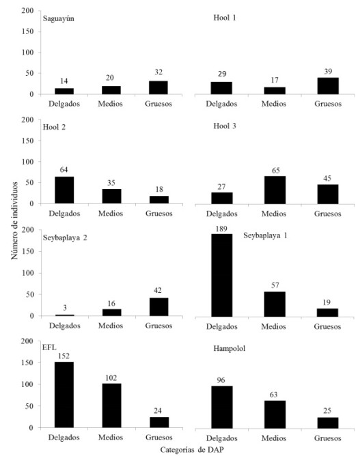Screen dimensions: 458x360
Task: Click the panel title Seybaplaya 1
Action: pos(268,235)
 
